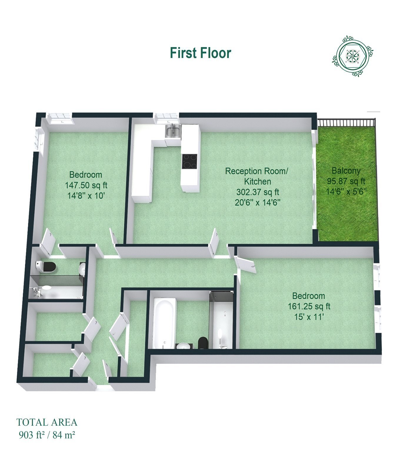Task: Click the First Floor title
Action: pyautogui.click(x=201, y=53)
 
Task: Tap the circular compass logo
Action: pyautogui.click(x=352, y=56)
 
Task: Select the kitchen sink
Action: pyautogui.click(x=173, y=131)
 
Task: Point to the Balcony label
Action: pyautogui.click(x=346, y=170)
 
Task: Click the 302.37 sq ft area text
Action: pyautogui.click(x=258, y=192)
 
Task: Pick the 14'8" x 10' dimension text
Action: pyautogui.click(x=86, y=196)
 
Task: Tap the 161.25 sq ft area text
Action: pyautogui.click(x=309, y=306)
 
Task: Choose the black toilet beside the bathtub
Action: pyautogui.click(x=203, y=343)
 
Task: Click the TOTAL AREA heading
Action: pyautogui.click(x=47, y=422)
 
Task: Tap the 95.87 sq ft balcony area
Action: pyautogui.click(x=346, y=181)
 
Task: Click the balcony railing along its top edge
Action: pyautogui.click(x=346, y=122)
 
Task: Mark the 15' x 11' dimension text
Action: pyautogui.click(x=309, y=317)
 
